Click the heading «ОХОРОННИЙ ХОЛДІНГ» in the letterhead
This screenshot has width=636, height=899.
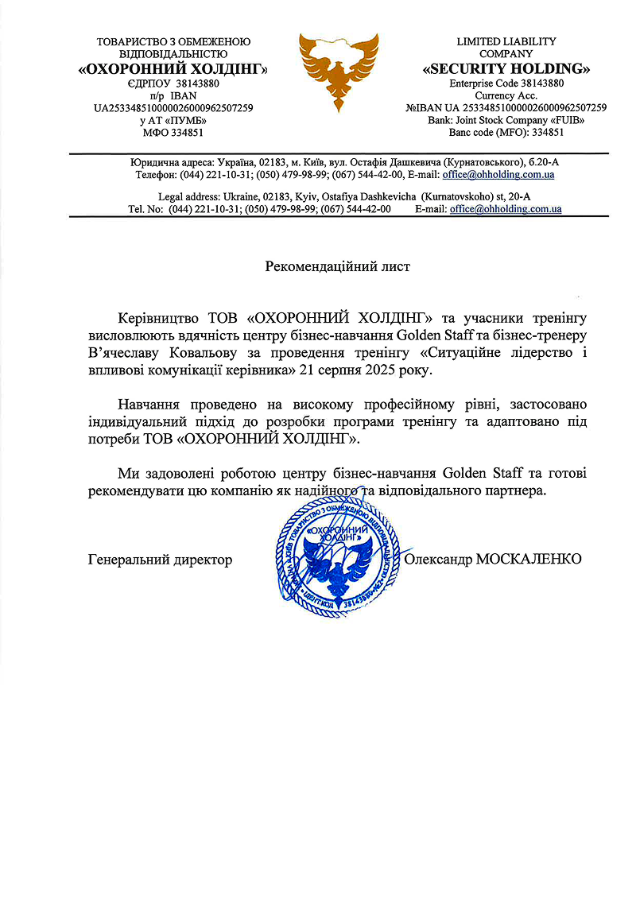[x=173, y=69]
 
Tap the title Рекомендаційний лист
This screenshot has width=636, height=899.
[x=338, y=266]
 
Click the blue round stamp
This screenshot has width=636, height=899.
[x=337, y=560]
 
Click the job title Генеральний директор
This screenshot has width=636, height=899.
[x=160, y=560]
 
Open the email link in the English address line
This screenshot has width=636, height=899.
[x=506, y=209]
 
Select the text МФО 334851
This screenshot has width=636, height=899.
[x=173, y=133]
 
